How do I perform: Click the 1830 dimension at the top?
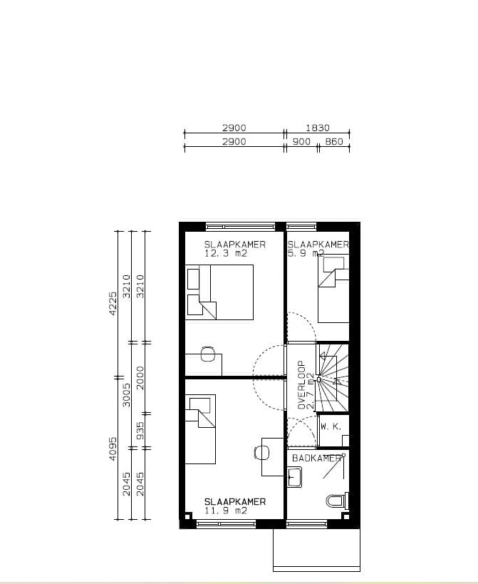[317, 128]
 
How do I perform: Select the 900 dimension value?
[301, 142]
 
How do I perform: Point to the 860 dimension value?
[333, 142]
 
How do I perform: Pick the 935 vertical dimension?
[140, 431]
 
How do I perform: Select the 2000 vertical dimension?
[140, 377]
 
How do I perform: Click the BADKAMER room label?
[316, 458]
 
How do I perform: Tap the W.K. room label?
[331, 426]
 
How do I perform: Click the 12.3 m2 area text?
[224, 252]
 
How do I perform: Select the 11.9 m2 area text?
[225, 511]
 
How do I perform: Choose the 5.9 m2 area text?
[306, 252]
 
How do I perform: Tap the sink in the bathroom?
[294, 477]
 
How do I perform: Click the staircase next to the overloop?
[333, 378]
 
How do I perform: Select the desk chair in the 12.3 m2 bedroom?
[208, 353]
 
